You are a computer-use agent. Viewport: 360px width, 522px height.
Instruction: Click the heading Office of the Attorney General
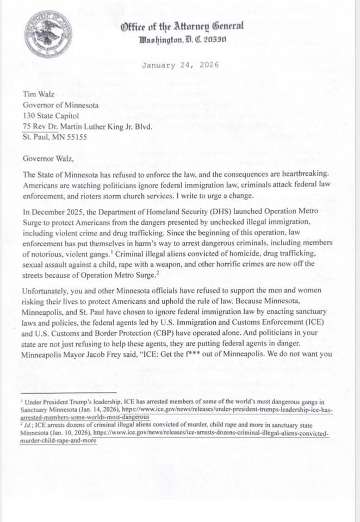183,25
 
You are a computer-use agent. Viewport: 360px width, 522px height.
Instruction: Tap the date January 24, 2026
180,65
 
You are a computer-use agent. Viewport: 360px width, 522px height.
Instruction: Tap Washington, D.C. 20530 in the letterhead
183,40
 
